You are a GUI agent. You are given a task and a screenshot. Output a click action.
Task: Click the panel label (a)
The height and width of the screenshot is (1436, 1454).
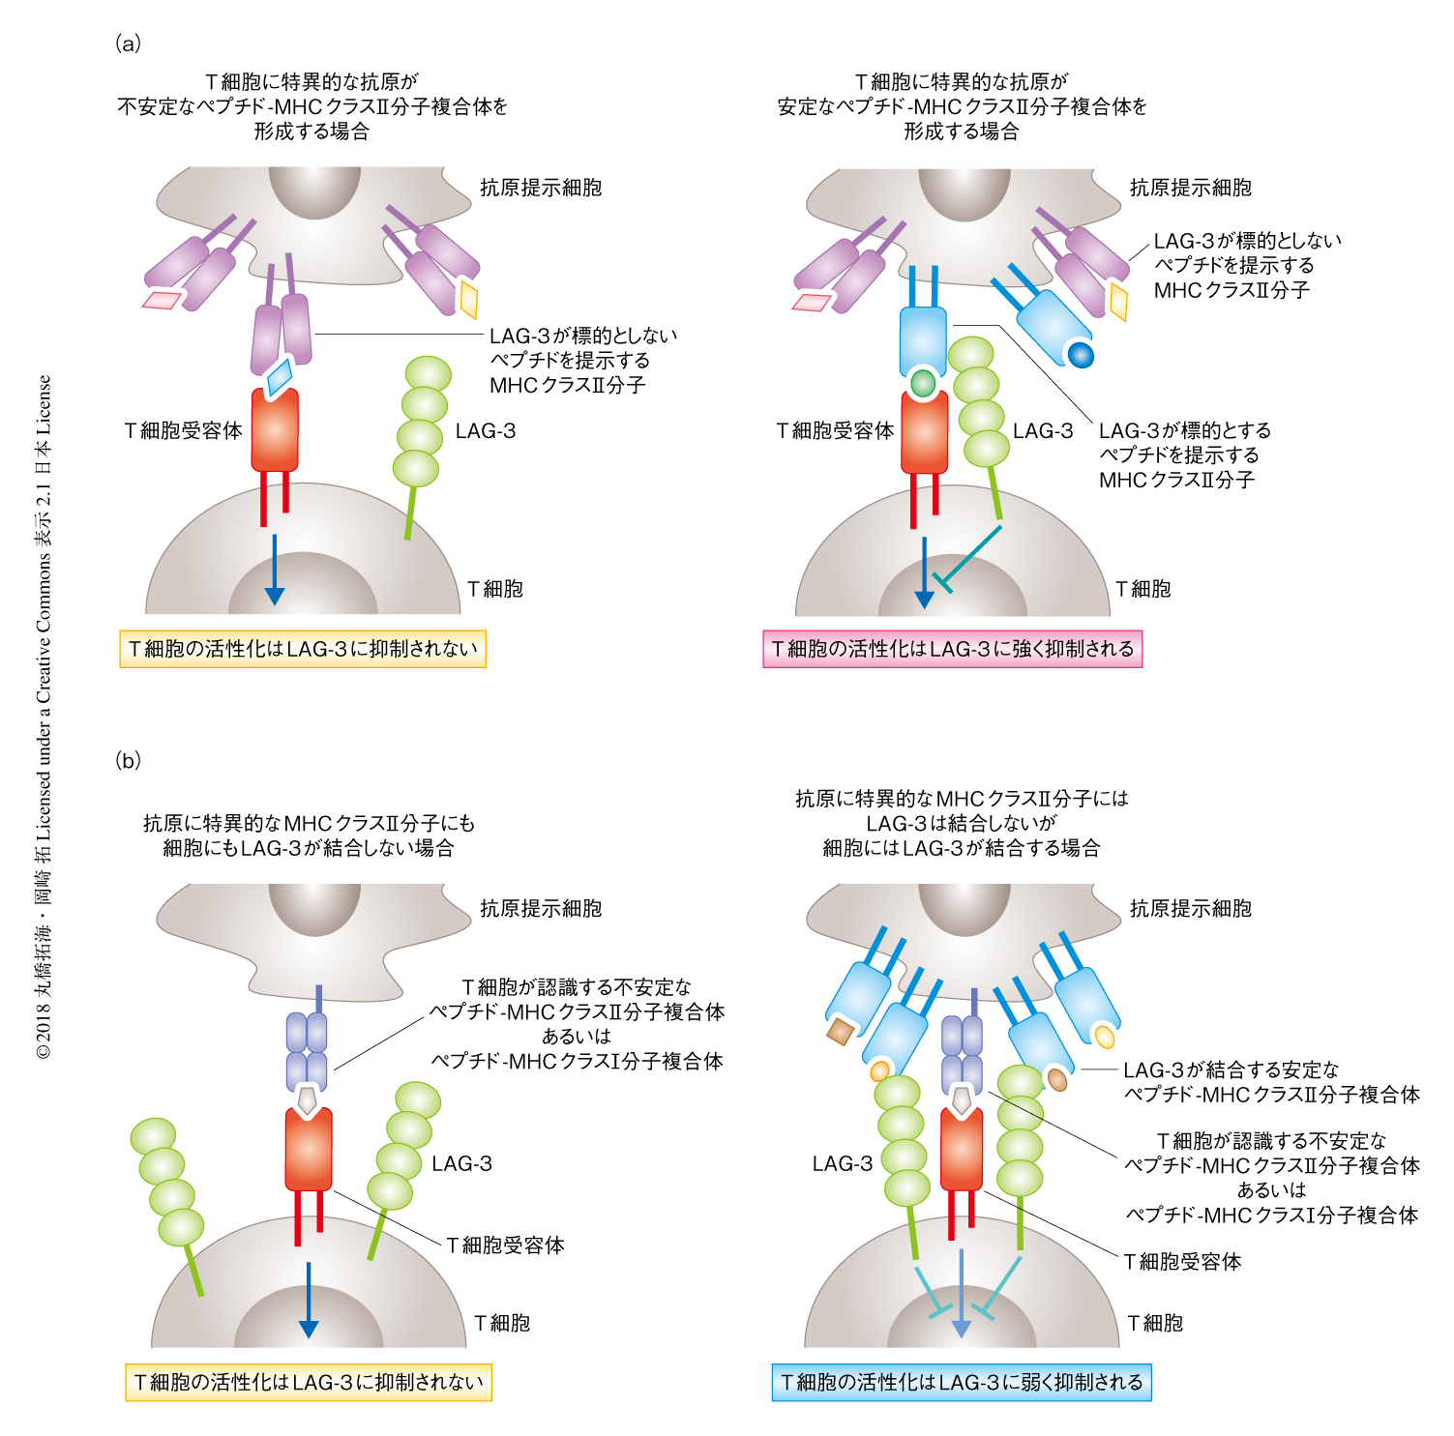coord(128,44)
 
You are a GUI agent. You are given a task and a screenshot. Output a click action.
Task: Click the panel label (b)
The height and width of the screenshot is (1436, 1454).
coord(128,760)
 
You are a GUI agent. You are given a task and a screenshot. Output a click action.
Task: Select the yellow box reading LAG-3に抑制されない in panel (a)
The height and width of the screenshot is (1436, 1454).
coord(303,649)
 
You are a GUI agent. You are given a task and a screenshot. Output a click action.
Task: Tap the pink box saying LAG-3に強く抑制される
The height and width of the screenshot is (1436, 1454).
coord(952,649)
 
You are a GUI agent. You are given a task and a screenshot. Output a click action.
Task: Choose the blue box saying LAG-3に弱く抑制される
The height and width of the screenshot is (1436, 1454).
coord(962,1382)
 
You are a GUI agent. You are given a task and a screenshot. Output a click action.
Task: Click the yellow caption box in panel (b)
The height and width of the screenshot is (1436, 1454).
coord(309,1382)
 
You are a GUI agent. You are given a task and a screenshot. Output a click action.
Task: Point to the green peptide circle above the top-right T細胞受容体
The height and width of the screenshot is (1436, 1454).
coord(924,383)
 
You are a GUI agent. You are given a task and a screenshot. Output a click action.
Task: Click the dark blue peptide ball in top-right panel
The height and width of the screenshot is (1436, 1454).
coord(1081,355)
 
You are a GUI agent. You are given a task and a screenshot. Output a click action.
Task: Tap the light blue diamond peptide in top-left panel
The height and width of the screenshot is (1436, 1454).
coord(281,376)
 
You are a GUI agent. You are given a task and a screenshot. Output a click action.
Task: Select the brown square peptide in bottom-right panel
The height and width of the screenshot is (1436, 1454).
coord(840,1032)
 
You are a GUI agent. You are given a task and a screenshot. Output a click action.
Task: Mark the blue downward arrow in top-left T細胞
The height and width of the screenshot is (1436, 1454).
coord(275,571)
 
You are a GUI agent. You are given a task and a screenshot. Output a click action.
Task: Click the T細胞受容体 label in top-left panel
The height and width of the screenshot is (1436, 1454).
coord(184,431)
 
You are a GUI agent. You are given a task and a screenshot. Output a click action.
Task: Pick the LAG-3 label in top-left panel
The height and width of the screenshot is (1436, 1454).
coord(486,431)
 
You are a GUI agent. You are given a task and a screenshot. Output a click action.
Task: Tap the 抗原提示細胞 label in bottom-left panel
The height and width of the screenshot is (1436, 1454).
coord(541,909)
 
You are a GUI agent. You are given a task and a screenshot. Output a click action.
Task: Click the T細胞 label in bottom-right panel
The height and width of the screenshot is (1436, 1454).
coord(1155,1323)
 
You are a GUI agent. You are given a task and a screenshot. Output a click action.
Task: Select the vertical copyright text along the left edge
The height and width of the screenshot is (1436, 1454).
coord(44,716)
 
